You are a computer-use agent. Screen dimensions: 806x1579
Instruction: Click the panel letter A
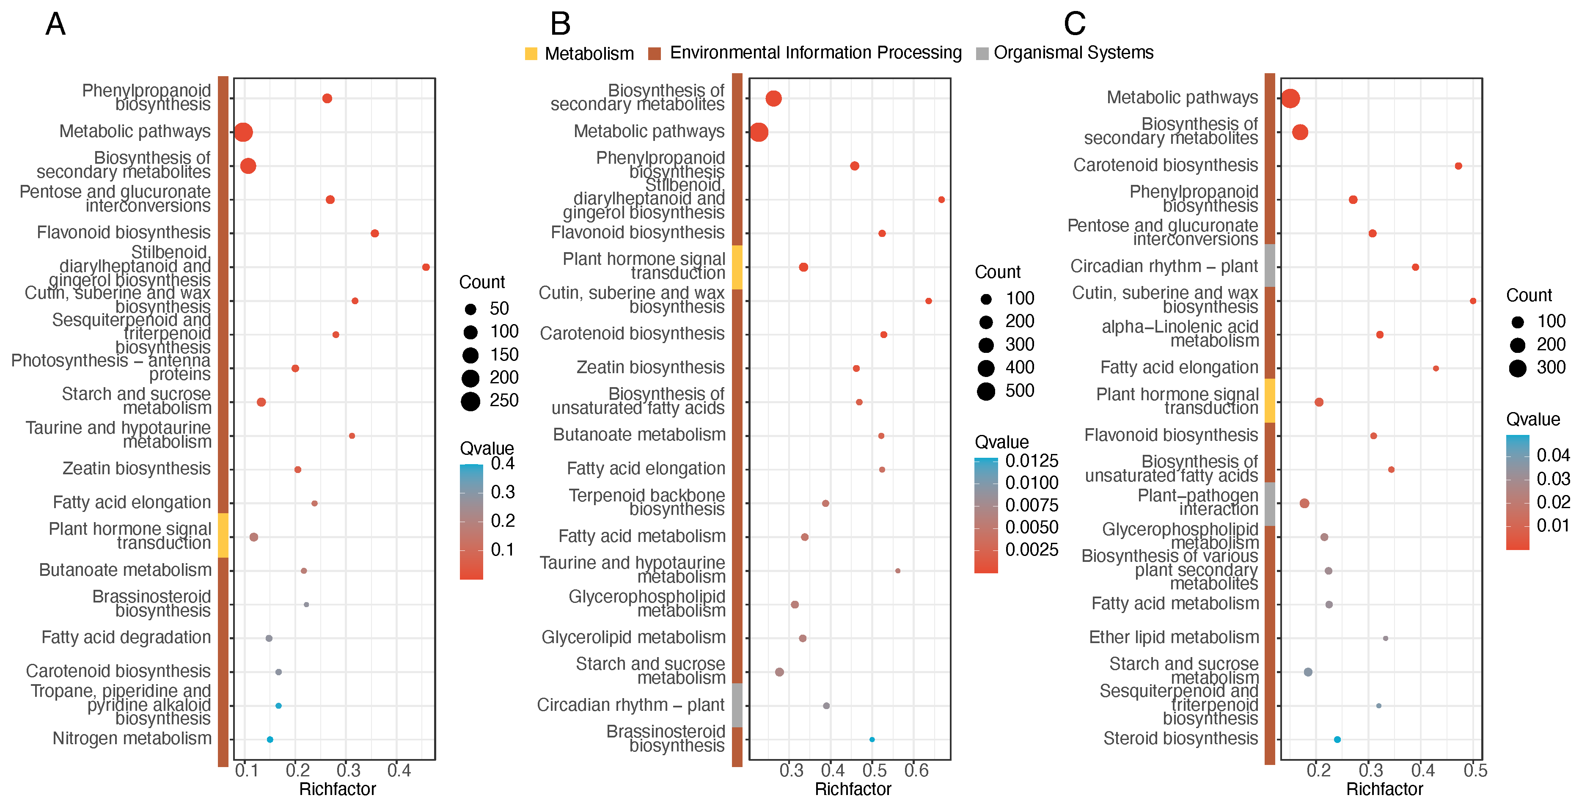(55, 25)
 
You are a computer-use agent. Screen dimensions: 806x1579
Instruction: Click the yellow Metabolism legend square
(531, 54)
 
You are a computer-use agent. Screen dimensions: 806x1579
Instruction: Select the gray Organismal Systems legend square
(982, 54)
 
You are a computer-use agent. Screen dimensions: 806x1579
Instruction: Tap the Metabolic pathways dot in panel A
(243, 132)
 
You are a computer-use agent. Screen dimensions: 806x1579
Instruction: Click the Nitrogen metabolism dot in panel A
(270, 739)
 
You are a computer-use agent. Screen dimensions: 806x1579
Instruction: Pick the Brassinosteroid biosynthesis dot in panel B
(872, 739)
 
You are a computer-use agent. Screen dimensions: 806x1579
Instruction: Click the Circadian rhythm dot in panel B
(826, 705)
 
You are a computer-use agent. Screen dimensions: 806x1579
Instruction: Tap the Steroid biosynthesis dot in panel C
(1337, 739)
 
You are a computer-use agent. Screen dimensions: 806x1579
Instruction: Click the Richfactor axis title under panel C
(1384, 789)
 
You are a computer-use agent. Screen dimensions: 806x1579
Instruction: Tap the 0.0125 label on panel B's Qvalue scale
(1032, 460)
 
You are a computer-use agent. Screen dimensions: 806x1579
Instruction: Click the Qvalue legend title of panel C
(1532, 419)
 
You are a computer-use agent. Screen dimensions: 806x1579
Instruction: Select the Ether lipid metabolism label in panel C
(1173, 638)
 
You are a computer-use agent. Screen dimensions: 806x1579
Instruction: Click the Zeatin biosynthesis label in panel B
(650, 367)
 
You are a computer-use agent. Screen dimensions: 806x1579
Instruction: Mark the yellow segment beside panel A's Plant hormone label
(223, 535)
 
